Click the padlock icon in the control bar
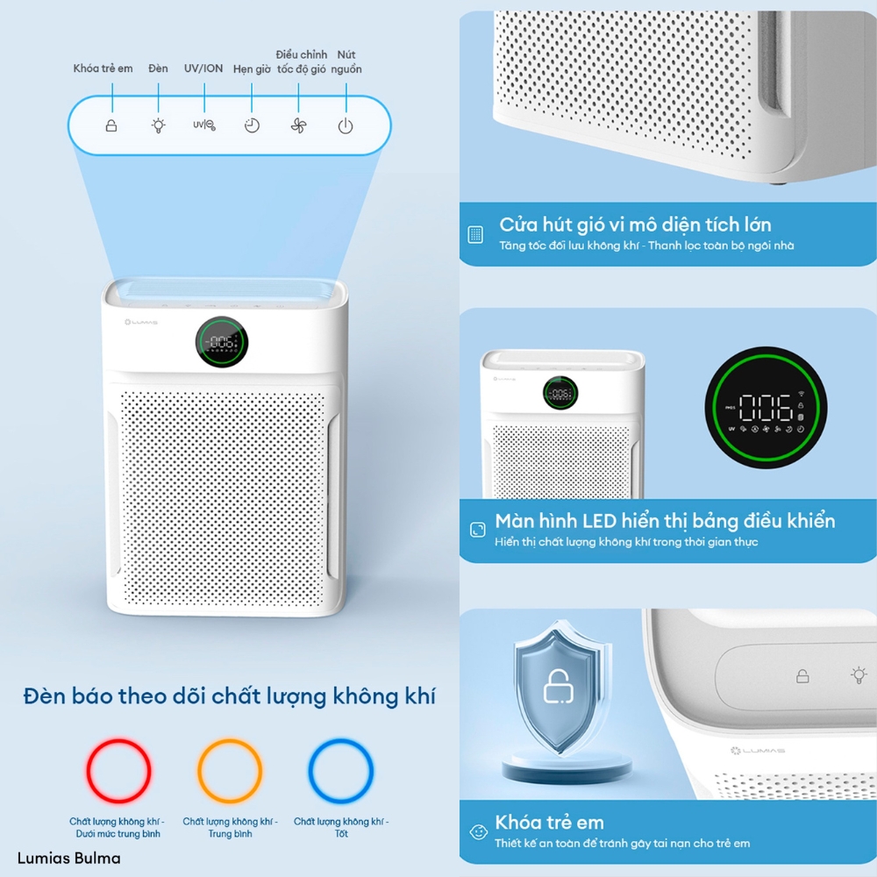click(x=111, y=125)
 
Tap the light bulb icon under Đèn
click(x=158, y=125)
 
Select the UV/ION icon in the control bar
click(x=203, y=125)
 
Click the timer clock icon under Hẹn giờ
click(x=252, y=125)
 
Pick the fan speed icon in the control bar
click(x=299, y=125)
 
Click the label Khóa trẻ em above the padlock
click(x=103, y=68)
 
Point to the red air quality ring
click(x=118, y=772)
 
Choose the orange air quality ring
click(x=230, y=772)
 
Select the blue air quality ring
click(x=341, y=772)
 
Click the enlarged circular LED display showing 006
click(x=766, y=407)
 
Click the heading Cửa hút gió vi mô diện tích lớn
click(x=635, y=225)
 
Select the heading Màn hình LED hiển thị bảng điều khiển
click(x=665, y=521)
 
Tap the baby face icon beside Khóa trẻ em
click(x=477, y=831)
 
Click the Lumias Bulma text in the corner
click(x=69, y=858)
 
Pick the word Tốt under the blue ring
click(x=341, y=834)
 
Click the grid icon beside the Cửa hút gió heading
click(x=475, y=234)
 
